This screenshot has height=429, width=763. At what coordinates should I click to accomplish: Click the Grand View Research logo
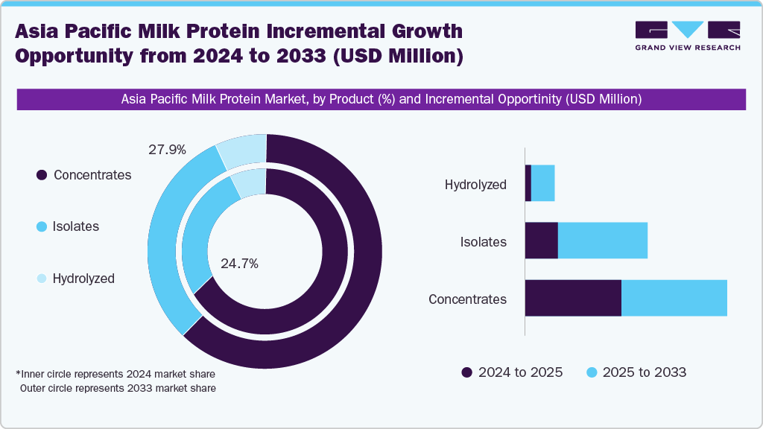coord(688,35)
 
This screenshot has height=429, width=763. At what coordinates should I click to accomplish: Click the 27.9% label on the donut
coord(167,150)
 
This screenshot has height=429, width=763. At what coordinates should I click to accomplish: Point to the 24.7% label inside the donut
coord(240,263)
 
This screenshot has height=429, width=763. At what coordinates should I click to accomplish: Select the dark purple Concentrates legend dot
coord(42,175)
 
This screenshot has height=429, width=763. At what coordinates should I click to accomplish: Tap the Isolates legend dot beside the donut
coord(42,226)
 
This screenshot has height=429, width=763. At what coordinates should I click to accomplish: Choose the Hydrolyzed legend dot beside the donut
coord(42,279)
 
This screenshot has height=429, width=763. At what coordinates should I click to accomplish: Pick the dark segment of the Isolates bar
coord(542,241)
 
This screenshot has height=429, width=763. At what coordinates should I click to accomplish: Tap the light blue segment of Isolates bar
coord(603,241)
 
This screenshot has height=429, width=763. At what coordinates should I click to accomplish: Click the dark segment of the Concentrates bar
coord(573,298)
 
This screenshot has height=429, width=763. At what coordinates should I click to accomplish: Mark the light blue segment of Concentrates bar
coord(674,298)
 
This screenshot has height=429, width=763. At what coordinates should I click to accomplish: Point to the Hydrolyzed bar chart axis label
coord(475,185)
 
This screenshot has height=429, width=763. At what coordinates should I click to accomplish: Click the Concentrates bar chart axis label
coord(467,299)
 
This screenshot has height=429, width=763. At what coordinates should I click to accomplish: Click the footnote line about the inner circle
coord(115,373)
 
